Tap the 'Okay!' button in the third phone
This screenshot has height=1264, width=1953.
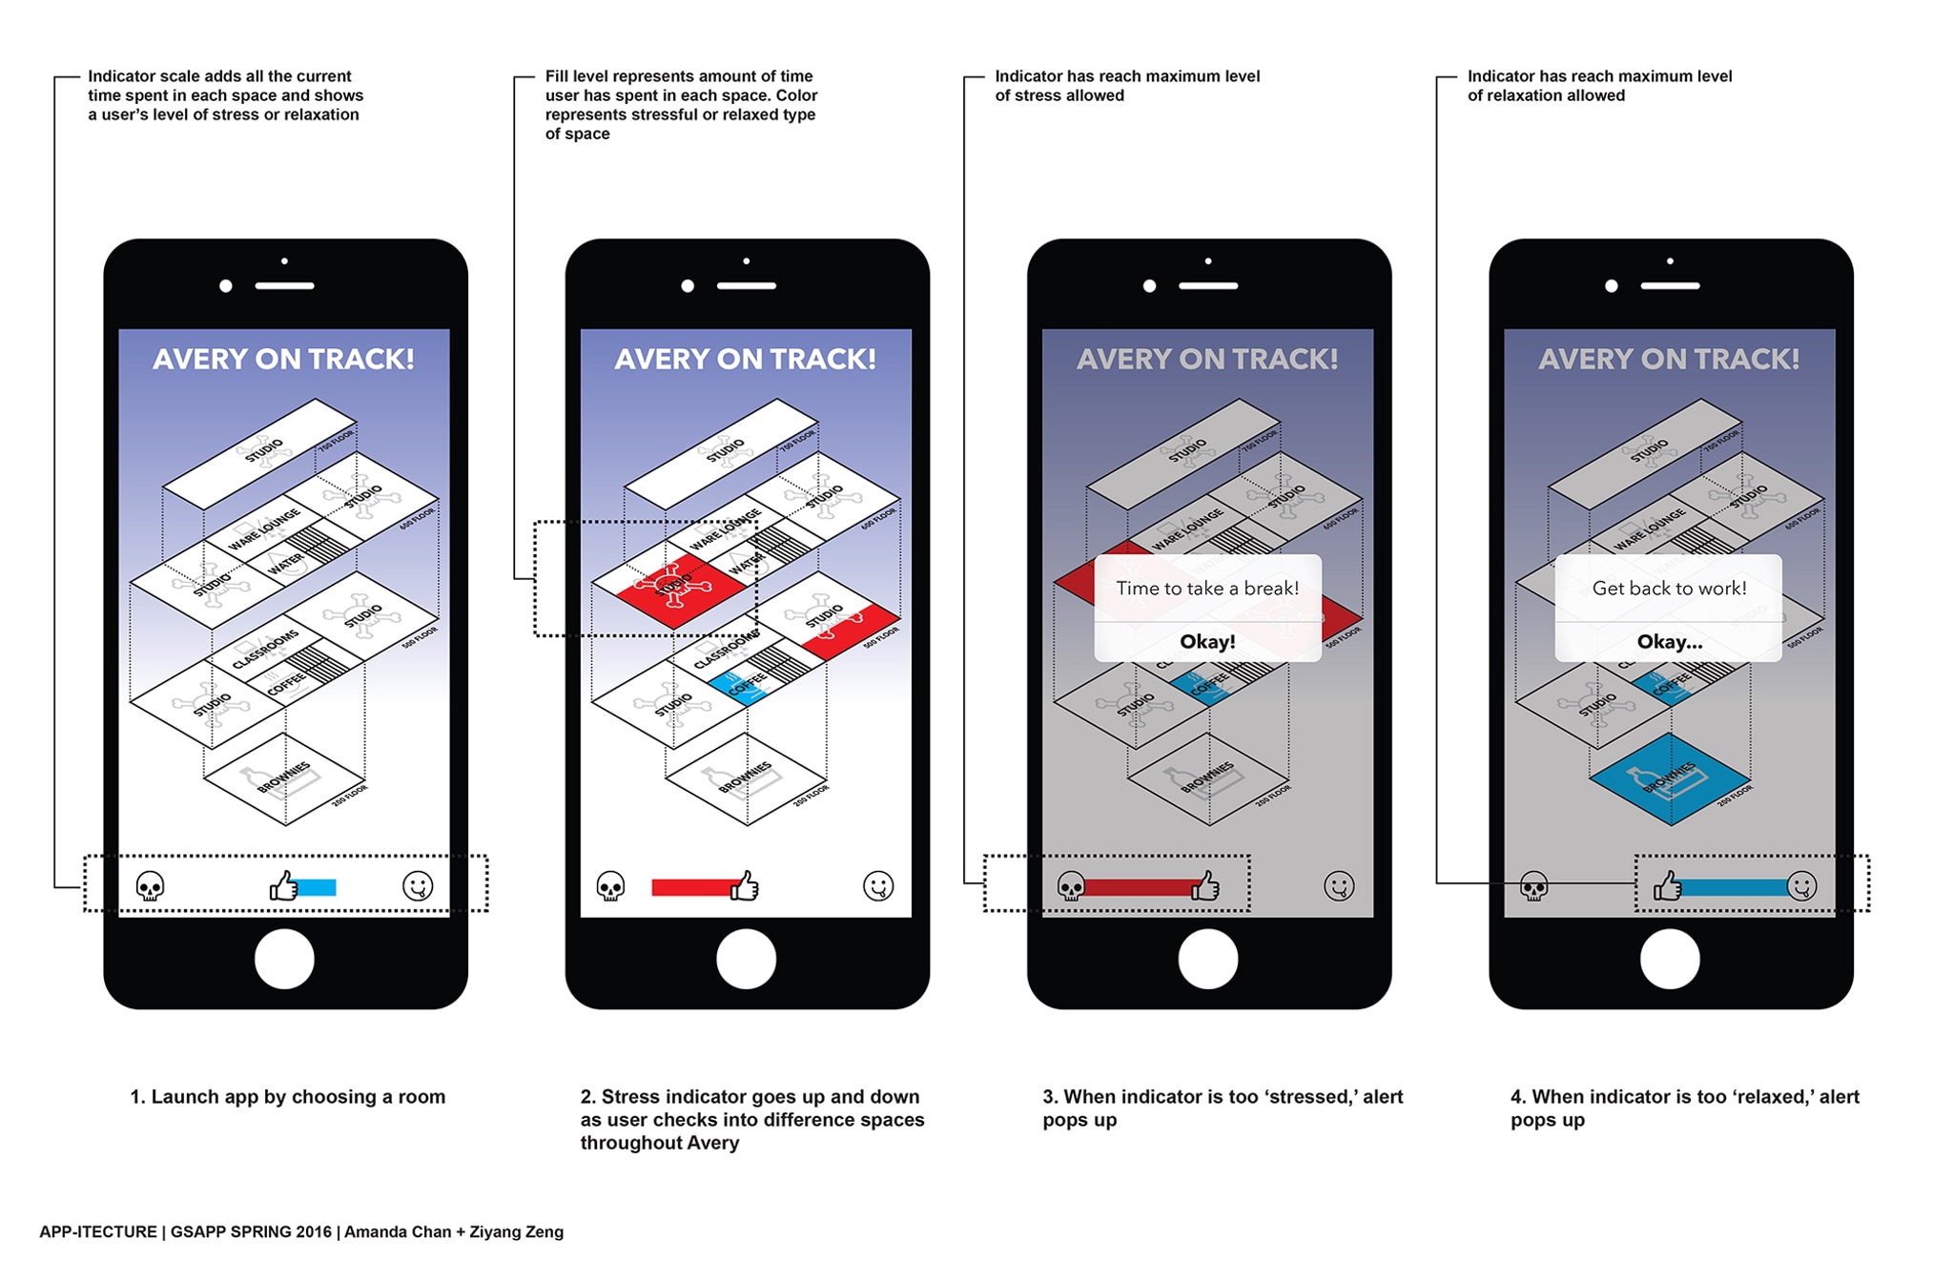(x=1207, y=641)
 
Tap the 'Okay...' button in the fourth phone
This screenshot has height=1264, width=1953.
(x=1669, y=641)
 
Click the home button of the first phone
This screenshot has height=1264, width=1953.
(x=284, y=959)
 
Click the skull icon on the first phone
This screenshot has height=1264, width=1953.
(x=151, y=886)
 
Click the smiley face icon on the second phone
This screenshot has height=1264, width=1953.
(x=877, y=886)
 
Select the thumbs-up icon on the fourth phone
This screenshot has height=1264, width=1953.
(x=1667, y=886)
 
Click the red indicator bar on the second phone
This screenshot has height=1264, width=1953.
(x=691, y=888)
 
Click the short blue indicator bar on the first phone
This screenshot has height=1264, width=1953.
(x=317, y=888)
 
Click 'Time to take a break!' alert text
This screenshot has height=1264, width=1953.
(x=1207, y=588)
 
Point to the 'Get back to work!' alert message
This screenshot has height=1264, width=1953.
(x=1669, y=588)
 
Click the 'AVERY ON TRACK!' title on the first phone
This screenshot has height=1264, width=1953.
(x=283, y=360)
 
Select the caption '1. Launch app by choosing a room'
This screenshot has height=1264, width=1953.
(x=287, y=1097)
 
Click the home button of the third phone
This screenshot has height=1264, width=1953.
(x=1207, y=959)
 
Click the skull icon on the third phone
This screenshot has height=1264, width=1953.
(x=1071, y=886)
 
